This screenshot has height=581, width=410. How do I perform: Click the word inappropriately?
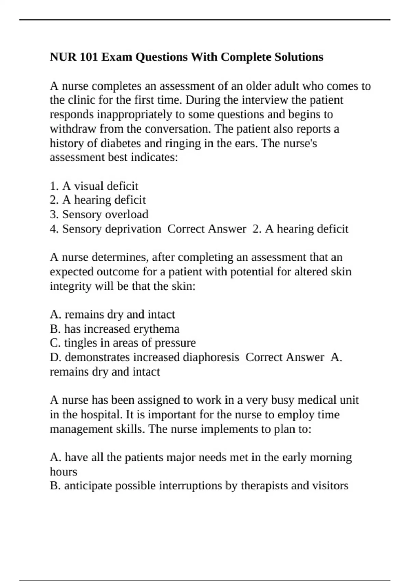tap(135, 114)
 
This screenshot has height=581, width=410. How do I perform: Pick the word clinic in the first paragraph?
tap(81, 100)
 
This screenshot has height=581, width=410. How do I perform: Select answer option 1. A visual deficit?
tap(94, 186)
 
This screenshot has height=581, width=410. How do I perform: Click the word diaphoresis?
tap(211, 357)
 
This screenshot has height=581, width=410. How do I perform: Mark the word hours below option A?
tap(64, 472)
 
